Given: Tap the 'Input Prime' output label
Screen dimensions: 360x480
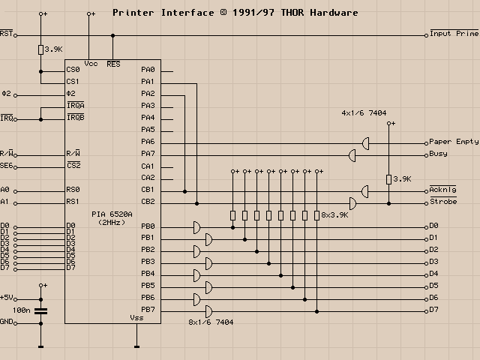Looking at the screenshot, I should pos(454,34).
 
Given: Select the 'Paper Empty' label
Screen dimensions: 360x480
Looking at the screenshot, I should pos(454,142).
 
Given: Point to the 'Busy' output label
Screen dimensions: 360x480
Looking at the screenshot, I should pos(438,154).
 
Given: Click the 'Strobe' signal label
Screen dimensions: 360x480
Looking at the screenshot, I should pos(443,202).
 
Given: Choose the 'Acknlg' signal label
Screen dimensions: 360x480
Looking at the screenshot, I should pos(443,190).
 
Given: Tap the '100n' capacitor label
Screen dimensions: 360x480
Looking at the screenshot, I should pos(22,310).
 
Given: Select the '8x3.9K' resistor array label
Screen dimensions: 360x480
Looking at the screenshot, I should pos(335,214).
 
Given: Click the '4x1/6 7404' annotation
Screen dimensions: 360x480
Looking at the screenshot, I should pos(364,113).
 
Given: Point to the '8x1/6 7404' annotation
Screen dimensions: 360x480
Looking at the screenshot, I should pos(211,322).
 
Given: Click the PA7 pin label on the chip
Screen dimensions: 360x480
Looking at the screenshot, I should pos(148,154).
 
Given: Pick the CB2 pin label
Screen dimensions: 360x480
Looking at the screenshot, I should pos(148,202).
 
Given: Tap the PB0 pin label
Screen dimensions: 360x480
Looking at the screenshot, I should pos(148,226).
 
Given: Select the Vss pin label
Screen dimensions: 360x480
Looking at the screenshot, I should pos(136,317).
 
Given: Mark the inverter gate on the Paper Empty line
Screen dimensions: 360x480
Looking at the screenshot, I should pos(365,142).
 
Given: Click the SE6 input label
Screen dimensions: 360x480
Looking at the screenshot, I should pos(7,166).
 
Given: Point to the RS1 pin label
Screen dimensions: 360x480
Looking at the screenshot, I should pos(73,202).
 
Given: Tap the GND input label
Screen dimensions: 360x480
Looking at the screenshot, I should pos(7,322).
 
